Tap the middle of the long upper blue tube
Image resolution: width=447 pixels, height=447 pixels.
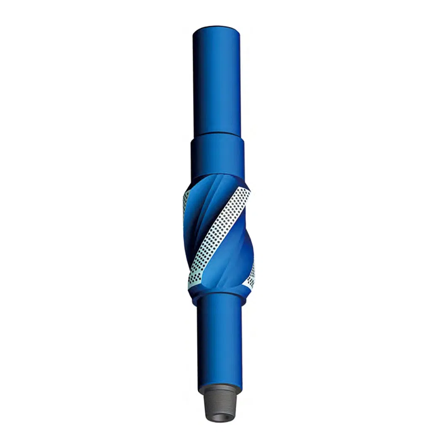coord(216,80)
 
